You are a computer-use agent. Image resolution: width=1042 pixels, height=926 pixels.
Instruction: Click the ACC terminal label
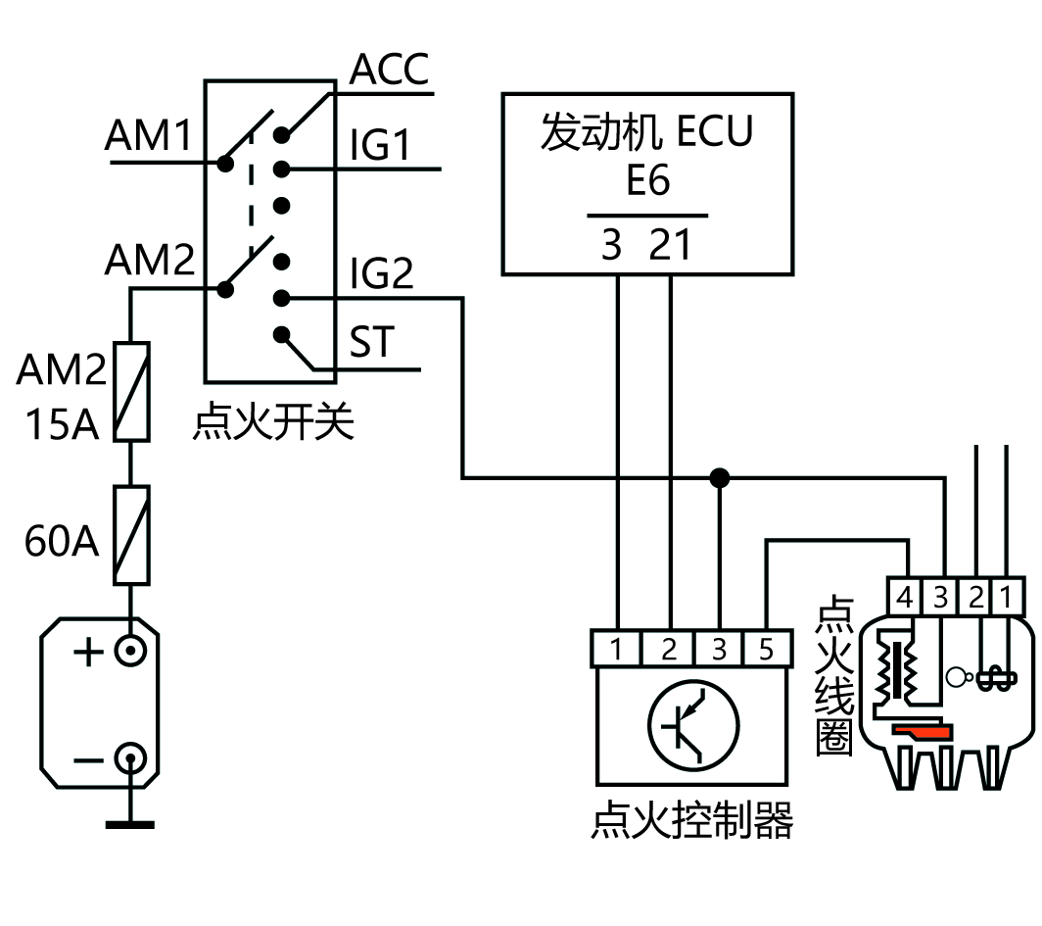[x=390, y=71]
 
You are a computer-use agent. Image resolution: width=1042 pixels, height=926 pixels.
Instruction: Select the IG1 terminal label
[x=380, y=146]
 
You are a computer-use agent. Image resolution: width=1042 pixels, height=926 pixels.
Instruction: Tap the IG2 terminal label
[x=382, y=274]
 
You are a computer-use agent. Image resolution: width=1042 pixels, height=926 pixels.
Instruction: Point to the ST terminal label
[x=371, y=343]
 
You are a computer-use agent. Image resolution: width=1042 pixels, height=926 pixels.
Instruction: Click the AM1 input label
[x=149, y=137]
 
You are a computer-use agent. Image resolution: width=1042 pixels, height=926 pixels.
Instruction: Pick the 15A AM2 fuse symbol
[x=132, y=392]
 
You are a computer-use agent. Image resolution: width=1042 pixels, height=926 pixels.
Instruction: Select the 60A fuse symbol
[x=132, y=535]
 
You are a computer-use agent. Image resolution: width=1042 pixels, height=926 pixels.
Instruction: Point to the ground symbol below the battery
[x=130, y=823]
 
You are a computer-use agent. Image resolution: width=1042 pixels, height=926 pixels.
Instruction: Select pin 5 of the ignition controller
[x=766, y=649]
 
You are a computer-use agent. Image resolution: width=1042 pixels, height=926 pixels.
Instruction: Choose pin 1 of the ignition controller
[x=617, y=649]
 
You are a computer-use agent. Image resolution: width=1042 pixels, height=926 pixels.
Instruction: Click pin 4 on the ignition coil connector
[x=905, y=597]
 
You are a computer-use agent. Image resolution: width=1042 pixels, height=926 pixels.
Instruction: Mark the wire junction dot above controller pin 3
[x=720, y=478]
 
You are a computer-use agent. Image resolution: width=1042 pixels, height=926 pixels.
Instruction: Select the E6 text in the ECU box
[x=648, y=181]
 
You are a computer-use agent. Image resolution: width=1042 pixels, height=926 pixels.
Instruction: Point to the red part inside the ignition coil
[x=921, y=731]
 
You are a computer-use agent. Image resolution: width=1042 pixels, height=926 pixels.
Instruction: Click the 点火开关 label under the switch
[x=274, y=424]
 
